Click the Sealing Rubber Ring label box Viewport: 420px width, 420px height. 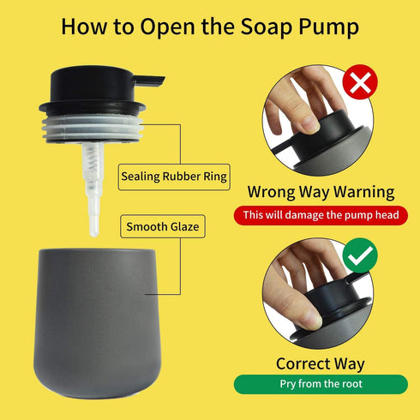coord(173,177)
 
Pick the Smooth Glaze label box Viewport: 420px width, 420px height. coord(161,227)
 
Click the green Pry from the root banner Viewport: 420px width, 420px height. coord(321,385)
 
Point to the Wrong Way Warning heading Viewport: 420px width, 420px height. coord(321,192)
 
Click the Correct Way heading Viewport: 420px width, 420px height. coord(321,363)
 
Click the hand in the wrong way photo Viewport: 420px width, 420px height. coord(296,107)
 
